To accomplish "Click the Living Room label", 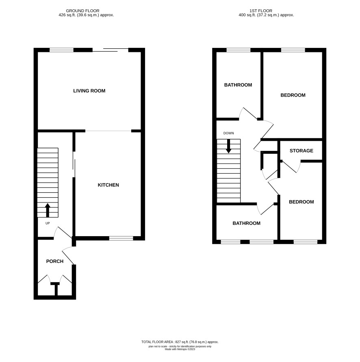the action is click(x=89, y=91).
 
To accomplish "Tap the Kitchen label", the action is click(x=108, y=185).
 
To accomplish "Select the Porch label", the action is click(x=55, y=261).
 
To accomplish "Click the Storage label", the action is click(x=301, y=151).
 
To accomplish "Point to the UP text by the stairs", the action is click(x=48, y=223).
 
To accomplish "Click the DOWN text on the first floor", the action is click(x=228, y=133).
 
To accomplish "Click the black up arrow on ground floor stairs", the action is click(x=48, y=210).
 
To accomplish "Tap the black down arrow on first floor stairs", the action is click(x=228, y=146).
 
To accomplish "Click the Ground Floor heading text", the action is click(x=82, y=11).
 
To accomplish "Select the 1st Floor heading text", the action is click(x=261, y=11).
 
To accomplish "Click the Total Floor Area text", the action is click(x=180, y=342).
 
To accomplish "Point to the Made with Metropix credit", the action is click(x=180, y=349).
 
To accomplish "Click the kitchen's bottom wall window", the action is click(x=121, y=238).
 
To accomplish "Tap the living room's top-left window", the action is click(x=61, y=50).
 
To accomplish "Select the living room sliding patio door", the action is click(x=111, y=50).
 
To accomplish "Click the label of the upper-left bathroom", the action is click(x=238, y=85).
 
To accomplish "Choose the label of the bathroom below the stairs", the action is click(x=247, y=223).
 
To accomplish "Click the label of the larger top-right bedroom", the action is click(x=293, y=95).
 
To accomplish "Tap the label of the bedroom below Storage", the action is click(x=301, y=202).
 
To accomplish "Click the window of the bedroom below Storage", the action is click(x=306, y=242).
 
